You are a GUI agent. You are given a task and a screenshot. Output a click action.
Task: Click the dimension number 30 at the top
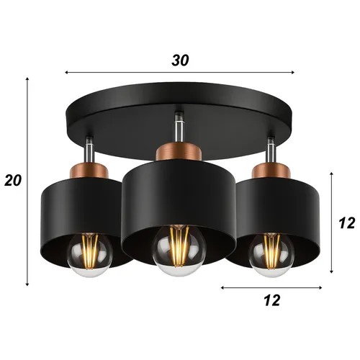pos(180,60)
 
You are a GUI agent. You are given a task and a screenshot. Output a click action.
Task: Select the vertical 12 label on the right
pos(347,223)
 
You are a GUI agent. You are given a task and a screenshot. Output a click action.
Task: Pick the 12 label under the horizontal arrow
pos(271,300)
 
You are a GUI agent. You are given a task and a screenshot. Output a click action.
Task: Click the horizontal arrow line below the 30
pos(180,72)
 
